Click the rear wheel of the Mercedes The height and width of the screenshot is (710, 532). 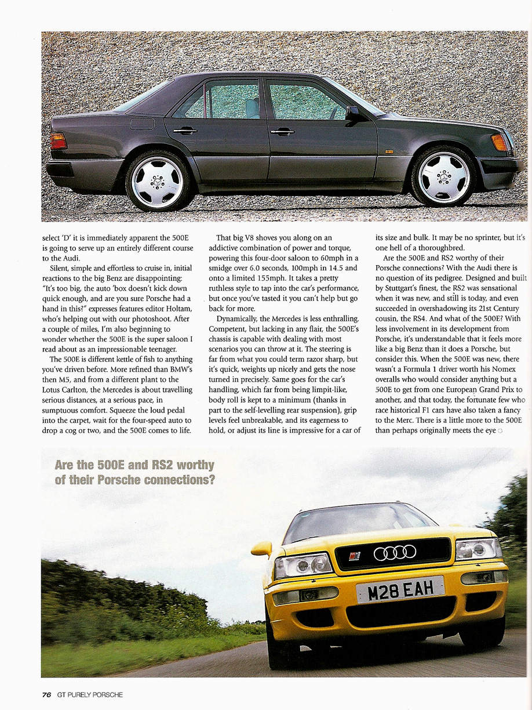157,180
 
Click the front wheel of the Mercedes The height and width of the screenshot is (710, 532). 443,176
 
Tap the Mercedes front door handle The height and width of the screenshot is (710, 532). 283,132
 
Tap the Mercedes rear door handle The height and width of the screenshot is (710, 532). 185,131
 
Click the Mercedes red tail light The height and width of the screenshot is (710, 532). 59,141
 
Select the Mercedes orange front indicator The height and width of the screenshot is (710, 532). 500,142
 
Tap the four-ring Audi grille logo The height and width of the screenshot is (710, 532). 395,552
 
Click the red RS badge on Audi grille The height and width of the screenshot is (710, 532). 355,556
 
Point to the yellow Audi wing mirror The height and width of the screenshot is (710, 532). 261,548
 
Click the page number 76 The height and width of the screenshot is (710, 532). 47,694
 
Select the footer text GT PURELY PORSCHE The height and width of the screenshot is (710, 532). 90,694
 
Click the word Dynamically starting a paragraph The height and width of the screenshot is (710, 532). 239,319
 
